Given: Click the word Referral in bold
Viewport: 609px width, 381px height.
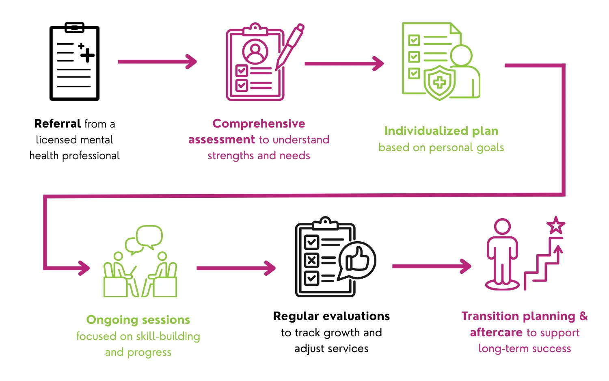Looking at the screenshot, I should click(x=57, y=123).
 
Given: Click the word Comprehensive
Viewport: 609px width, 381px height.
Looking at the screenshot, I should click(x=259, y=123).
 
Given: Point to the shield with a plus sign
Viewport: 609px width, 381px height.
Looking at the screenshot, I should click(x=439, y=82).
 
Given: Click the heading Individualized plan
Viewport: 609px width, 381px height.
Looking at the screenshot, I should click(x=441, y=131).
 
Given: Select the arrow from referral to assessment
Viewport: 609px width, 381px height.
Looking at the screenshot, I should click(x=157, y=62).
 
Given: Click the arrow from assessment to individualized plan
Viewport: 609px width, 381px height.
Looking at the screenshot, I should click(x=344, y=63).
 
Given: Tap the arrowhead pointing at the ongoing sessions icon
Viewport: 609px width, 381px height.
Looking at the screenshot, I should click(x=84, y=268).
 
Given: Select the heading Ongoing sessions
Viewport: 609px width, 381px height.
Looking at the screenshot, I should click(x=138, y=320).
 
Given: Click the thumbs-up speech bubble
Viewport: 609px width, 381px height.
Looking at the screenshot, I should click(x=358, y=260).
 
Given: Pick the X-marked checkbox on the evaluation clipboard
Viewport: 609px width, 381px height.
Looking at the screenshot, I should click(x=311, y=260).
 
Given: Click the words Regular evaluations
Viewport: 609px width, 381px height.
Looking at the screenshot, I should click(x=331, y=316).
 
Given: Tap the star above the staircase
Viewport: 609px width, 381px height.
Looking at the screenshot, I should click(x=555, y=225).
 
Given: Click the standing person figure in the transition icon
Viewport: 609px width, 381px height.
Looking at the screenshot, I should click(x=502, y=254).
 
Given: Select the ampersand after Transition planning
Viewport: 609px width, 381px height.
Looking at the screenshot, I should click(x=583, y=316).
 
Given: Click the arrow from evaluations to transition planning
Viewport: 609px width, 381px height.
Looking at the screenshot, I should click(x=431, y=266).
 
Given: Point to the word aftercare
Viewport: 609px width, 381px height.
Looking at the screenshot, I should click(x=496, y=332).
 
